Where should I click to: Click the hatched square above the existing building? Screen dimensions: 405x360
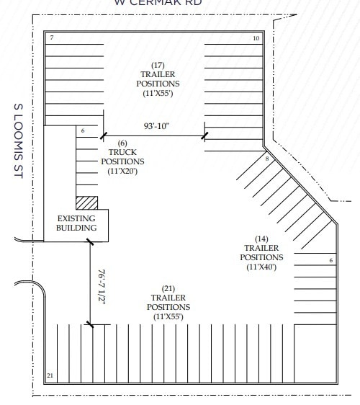pos(86,203)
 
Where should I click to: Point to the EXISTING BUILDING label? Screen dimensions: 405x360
pos(76,223)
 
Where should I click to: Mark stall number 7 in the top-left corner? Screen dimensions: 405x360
pos(52,37)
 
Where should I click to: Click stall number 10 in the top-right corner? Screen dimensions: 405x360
pos(256,37)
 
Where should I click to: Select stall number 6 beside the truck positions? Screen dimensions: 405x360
pos(84,131)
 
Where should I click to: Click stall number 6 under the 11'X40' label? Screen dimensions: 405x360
pos(330,260)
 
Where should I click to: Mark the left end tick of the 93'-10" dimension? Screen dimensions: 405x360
pos(102,135)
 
